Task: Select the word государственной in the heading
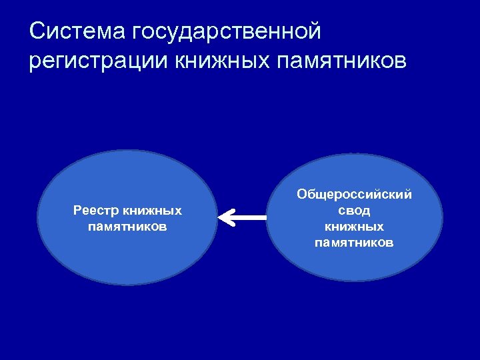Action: tap(227, 31)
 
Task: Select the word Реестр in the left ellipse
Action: tap(95, 211)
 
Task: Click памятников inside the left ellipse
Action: tap(127, 227)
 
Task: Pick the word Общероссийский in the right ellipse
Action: tap(354, 195)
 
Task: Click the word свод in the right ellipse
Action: tap(354, 211)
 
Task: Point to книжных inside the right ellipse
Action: tap(354, 227)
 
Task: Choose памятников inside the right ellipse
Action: tap(354, 243)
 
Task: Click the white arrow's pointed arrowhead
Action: tap(225, 217)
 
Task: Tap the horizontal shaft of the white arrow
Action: tap(250, 217)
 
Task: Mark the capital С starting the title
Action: tap(37, 31)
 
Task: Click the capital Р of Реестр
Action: tap(77, 211)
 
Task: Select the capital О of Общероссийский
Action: tap(302, 195)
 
